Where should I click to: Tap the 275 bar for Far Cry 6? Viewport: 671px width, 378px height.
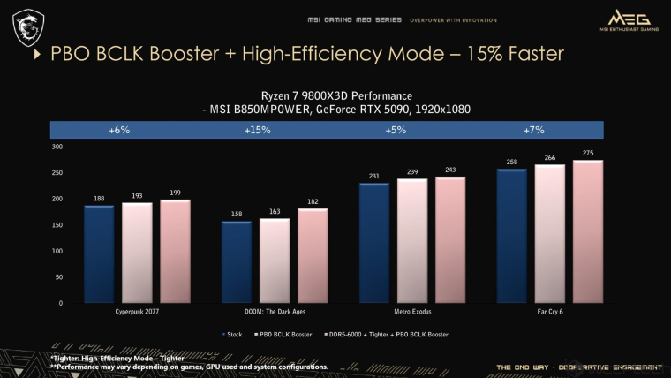587,231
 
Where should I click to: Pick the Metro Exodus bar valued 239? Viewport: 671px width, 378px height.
412,240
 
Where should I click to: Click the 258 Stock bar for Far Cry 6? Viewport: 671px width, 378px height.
512,236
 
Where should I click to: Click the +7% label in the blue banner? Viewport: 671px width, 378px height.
534,130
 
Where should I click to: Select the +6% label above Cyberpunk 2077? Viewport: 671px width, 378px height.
119,130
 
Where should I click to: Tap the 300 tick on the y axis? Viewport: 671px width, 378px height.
57,147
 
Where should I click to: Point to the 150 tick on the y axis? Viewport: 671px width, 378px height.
57,225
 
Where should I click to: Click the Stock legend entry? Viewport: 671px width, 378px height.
233,335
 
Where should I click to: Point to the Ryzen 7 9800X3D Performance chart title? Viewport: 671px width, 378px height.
336,94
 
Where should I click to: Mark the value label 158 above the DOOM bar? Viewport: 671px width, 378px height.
237,213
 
